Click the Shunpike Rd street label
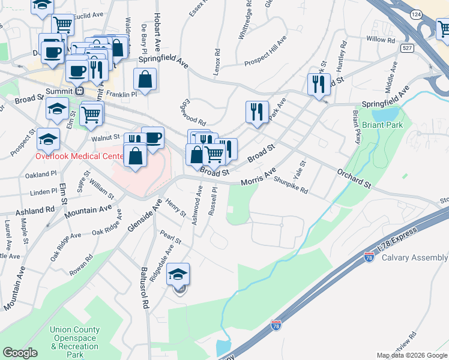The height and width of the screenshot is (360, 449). (x=290, y=185)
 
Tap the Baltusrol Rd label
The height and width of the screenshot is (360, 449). (x=144, y=287)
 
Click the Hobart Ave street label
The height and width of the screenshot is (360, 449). (x=157, y=31)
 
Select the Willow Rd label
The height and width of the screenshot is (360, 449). (x=381, y=40)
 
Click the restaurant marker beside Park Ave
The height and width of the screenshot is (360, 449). (x=256, y=111)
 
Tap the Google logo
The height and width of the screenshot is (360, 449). (x=20, y=353)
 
